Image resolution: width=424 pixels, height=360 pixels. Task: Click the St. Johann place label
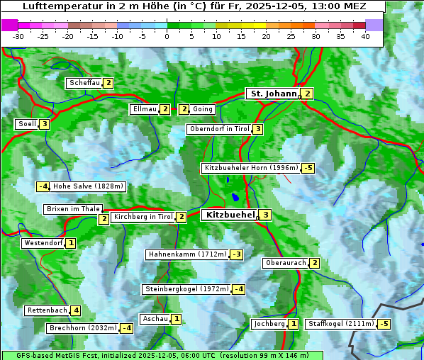point(272,94)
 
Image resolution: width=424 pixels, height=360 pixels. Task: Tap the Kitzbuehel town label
point(229,215)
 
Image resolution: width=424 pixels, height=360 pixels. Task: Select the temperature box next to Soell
point(45,124)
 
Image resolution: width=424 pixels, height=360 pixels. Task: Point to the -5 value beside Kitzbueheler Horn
point(308,169)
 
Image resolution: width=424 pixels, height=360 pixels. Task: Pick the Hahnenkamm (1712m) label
point(186,254)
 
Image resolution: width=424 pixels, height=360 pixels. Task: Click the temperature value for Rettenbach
point(76,310)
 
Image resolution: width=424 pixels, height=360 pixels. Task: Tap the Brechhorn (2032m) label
point(82,328)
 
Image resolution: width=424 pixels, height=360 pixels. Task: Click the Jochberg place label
point(269,324)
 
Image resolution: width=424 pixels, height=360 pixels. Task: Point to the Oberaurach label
point(285,263)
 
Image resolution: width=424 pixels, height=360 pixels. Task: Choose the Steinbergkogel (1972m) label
point(186,289)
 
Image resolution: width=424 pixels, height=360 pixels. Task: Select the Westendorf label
point(43,243)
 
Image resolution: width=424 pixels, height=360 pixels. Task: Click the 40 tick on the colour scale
point(365,36)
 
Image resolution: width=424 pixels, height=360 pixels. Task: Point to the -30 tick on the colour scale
point(18,36)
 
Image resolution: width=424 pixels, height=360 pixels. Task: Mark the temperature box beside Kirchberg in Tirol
point(182,217)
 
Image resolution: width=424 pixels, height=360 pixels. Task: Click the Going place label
point(202,109)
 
